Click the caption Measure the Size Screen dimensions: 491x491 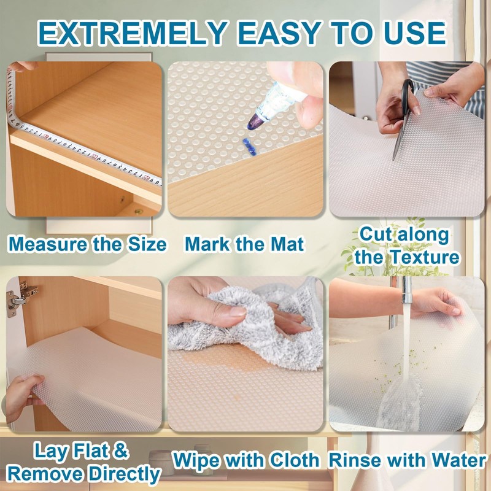click(87, 244)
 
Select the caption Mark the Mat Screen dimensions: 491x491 click(244, 244)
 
